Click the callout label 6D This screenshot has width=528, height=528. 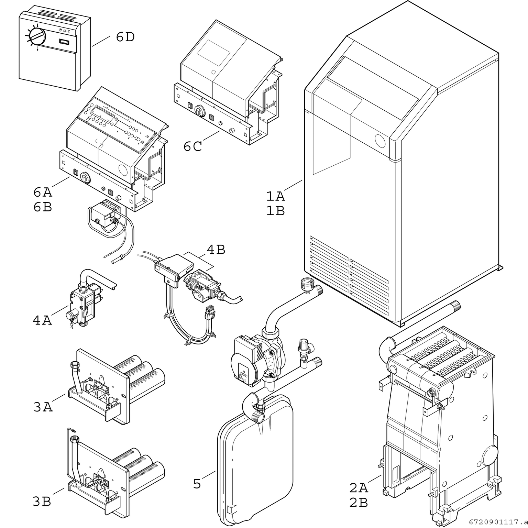click(125, 37)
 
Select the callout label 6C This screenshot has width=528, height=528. click(192, 146)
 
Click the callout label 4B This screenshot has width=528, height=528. click(216, 250)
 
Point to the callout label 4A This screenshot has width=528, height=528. click(42, 320)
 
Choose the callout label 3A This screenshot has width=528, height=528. click(43, 407)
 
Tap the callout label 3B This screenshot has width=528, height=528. click(42, 502)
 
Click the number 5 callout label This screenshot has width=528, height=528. click(197, 484)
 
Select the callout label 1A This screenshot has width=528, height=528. click(276, 196)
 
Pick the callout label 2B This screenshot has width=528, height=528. click(359, 503)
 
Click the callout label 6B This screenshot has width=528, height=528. click(43, 207)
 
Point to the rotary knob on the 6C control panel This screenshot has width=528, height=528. click(199, 111)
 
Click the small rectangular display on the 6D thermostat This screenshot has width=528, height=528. click(65, 42)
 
